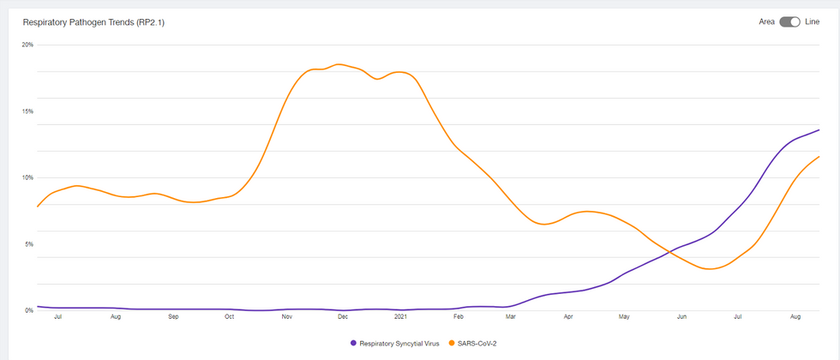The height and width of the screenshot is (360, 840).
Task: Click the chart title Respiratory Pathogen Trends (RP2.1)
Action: [x=93, y=22]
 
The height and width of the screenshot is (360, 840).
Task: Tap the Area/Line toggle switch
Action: [x=789, y=22]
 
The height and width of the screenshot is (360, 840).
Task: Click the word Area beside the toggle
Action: [x=767, y=22]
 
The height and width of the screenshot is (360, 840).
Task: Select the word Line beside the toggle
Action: [x=812, y=22]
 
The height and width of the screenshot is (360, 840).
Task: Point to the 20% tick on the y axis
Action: [x=27, y=45]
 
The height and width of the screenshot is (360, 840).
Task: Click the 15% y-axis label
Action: [x=27, y=111]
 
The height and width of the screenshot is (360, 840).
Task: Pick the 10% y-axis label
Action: [x=27, y=177]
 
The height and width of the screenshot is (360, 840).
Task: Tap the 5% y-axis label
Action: [x=28, y=244]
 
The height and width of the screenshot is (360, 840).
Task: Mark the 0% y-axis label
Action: [x=28, y=310]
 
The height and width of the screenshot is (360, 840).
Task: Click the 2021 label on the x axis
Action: [x=400, y=317]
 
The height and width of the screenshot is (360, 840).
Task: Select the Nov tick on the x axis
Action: [x=287, y=317]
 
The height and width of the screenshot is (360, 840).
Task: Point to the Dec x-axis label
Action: [x=343, y=317]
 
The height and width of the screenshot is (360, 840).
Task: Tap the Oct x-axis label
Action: [x=230, y=317]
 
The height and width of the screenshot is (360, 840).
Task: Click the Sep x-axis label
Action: [x=173, y=317]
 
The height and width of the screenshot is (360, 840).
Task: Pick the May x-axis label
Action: [x=625, y=317]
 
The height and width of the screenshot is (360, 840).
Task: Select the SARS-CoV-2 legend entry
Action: [x=471, y=343]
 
